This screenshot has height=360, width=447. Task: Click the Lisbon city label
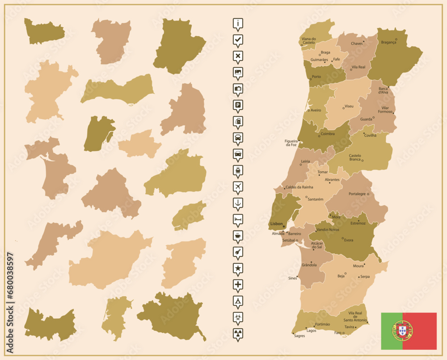[x=275, y=223]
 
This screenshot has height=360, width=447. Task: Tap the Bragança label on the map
[x=388, y=42]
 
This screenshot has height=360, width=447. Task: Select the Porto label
[x=316, y=77]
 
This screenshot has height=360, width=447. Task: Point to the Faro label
[x=338, y=333]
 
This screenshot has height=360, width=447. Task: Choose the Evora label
[x=349, y=240]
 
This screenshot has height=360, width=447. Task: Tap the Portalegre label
[x=357, y=194]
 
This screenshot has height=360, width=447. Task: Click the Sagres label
[x=299, y=336]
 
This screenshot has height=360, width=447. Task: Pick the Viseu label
[x=349, y=106]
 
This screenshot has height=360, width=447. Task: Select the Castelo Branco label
[x=355, y=158]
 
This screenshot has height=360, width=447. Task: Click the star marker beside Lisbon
[x=284, y=226]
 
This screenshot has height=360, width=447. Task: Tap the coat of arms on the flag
[x=403, y=331]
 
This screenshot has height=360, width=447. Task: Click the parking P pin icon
[x=238, y=105]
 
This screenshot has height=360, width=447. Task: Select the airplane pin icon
[x=238, y=186]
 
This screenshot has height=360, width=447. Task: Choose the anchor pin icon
[x=238, y=203]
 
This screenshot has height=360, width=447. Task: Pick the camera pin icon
[x=238, y=88]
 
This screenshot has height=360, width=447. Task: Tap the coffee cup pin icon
[x=238, y=235]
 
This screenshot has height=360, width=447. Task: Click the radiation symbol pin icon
[x=238, y=333]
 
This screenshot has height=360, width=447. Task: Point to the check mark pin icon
[x=238, y=40]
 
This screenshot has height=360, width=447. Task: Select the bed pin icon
[x=238, y=219]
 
